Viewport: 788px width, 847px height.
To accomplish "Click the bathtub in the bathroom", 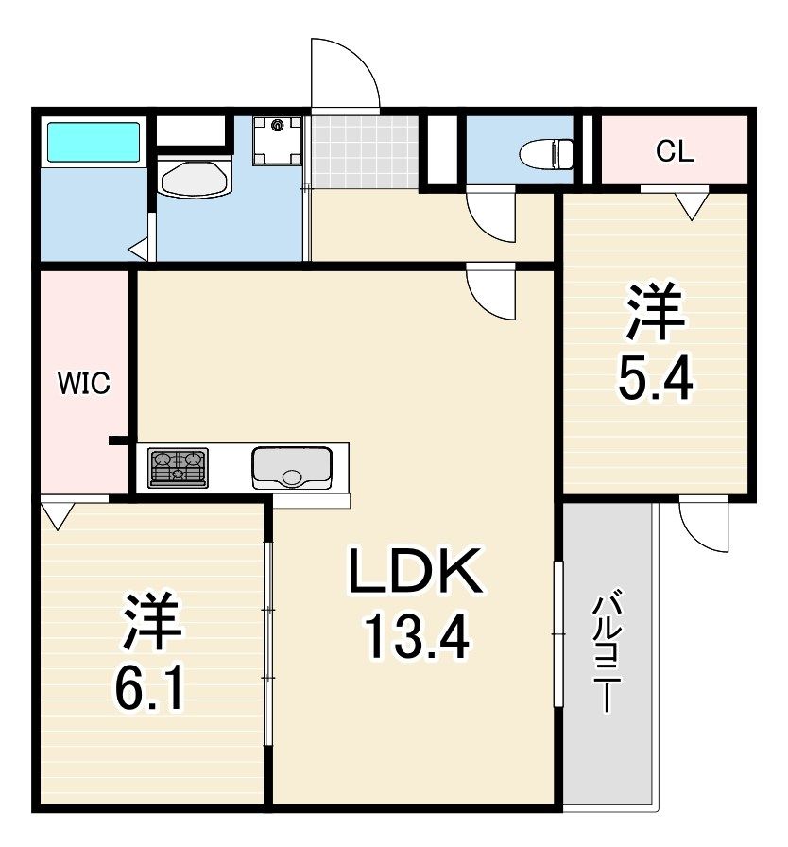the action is (x=94, y=142).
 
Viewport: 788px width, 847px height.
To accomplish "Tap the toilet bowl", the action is (x=546, y=153).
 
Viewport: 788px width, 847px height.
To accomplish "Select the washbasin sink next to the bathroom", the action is (x=196, y=177).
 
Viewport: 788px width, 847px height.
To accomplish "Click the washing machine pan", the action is (x=278, y=142).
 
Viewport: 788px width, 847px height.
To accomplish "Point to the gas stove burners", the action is (x=179, y=467).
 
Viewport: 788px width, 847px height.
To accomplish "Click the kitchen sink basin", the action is (x=292, y=468).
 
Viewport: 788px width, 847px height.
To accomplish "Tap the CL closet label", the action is (x=675, y=152).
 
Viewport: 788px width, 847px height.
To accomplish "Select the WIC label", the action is (x=84, y=383).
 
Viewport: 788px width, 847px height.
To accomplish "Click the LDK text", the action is (x=416, y=571).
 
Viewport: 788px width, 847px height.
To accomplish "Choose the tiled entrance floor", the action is (x=365, y=152).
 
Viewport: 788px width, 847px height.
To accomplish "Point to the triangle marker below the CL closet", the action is (x=692, y=206).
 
